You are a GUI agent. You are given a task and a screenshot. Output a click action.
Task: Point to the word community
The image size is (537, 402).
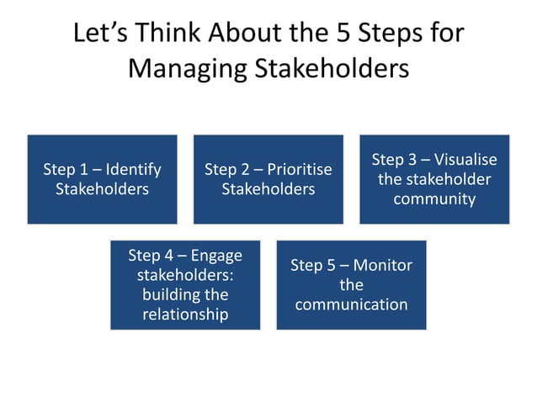click(434, 199)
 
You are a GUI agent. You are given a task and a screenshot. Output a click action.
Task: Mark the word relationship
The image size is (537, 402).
click(185, 315)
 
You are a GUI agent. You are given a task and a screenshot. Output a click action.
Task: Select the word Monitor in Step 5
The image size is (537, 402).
click(381, 266)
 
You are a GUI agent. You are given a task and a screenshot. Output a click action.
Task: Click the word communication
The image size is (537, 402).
click(351, 304)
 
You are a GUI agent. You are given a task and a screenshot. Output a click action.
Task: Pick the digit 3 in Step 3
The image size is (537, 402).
click(412, 160)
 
